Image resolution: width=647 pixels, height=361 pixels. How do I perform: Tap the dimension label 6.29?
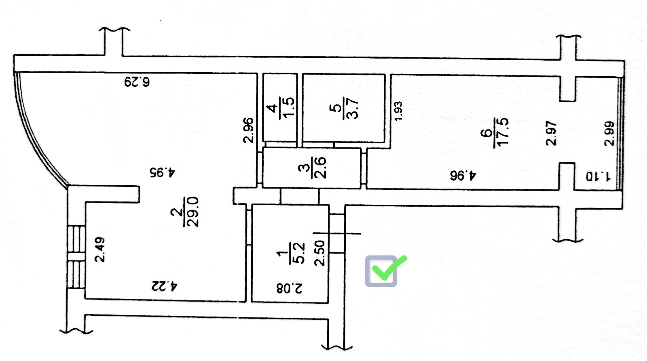point(137,82)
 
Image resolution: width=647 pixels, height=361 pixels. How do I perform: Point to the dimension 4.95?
point(162,172)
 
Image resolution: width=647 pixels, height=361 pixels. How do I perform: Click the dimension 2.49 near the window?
point(100,250)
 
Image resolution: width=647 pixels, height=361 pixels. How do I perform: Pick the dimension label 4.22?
point(164,286)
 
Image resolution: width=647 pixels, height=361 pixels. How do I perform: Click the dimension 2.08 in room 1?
point(289,288)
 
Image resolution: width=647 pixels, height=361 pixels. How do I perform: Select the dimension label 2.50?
point(320,253)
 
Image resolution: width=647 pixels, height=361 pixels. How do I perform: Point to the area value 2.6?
point(320,168)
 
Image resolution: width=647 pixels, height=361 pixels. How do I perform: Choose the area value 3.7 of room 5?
point(352,109)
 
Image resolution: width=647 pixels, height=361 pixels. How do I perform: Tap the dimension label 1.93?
point(398,111)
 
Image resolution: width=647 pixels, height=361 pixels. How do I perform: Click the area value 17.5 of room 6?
point(503,132)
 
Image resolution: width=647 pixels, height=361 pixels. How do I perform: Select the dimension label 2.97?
point(551,133)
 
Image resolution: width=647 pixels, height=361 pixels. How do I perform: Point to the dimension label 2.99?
point(609,134)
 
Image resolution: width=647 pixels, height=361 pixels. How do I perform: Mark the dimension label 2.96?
point(248,130)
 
